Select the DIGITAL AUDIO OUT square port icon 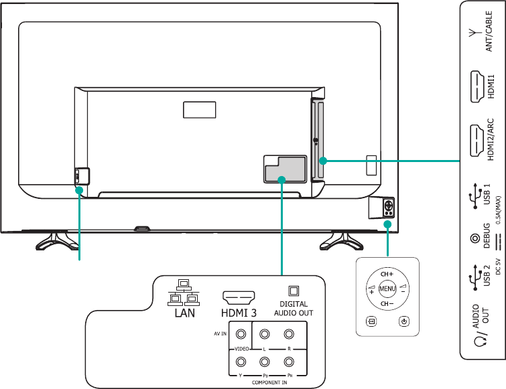293,291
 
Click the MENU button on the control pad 387,289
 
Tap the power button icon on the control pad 403,321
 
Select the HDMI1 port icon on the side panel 477,86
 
